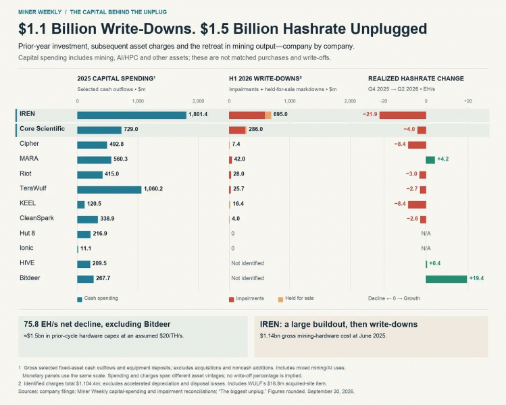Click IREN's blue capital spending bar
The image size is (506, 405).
tap(132, 115)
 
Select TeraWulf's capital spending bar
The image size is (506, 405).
tap(109, 190)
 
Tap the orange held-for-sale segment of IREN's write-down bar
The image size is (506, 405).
tap(268, 115)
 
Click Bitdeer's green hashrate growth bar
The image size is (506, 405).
tap(447, 279)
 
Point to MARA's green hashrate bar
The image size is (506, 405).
tap(430, 160)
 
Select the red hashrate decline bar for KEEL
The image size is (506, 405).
tap(417, 205)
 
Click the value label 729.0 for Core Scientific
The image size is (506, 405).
tap(131, 129)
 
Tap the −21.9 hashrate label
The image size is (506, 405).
tap(370, 114)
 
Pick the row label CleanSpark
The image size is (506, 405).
tap(36, 218)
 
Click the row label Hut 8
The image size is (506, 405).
tap(27, 233)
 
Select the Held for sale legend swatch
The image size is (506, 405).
tap(280, 300)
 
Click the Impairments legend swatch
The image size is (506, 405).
tap(231, 300)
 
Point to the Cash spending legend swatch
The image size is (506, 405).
tap(80, 300)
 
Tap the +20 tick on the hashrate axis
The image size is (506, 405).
tap(468, 101)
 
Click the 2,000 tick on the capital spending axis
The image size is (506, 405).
tap(198, 101)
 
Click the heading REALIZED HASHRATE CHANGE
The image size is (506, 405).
tap(416, 79)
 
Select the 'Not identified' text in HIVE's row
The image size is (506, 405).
tap(247, 263)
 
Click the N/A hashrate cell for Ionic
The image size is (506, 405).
tap(426, 248)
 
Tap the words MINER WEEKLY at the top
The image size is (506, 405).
tap(40, 12)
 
